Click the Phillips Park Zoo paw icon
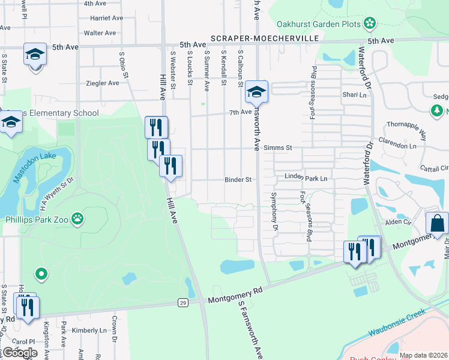point(78,219)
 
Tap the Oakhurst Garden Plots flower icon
point(370,24)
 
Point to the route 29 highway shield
point(182,303)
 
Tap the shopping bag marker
point(436,223)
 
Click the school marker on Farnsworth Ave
point(256,92)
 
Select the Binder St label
point(238,179)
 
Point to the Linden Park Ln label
point(306,178)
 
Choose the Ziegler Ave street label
point(103,83)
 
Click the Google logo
point(19,352)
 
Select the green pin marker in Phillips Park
point(41,275)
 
